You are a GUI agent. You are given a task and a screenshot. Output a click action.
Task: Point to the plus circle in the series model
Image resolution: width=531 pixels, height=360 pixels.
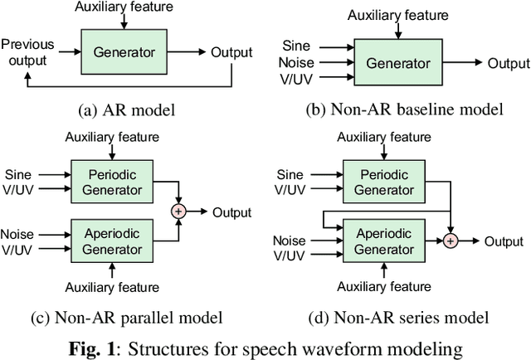point(451,241)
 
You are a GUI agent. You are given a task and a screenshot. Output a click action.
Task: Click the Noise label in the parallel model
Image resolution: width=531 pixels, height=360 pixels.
point(17,234)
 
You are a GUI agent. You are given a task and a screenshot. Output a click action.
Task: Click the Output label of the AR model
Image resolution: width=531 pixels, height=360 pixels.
point(231,52)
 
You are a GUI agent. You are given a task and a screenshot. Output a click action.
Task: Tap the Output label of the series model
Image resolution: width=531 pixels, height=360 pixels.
point(505,241)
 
